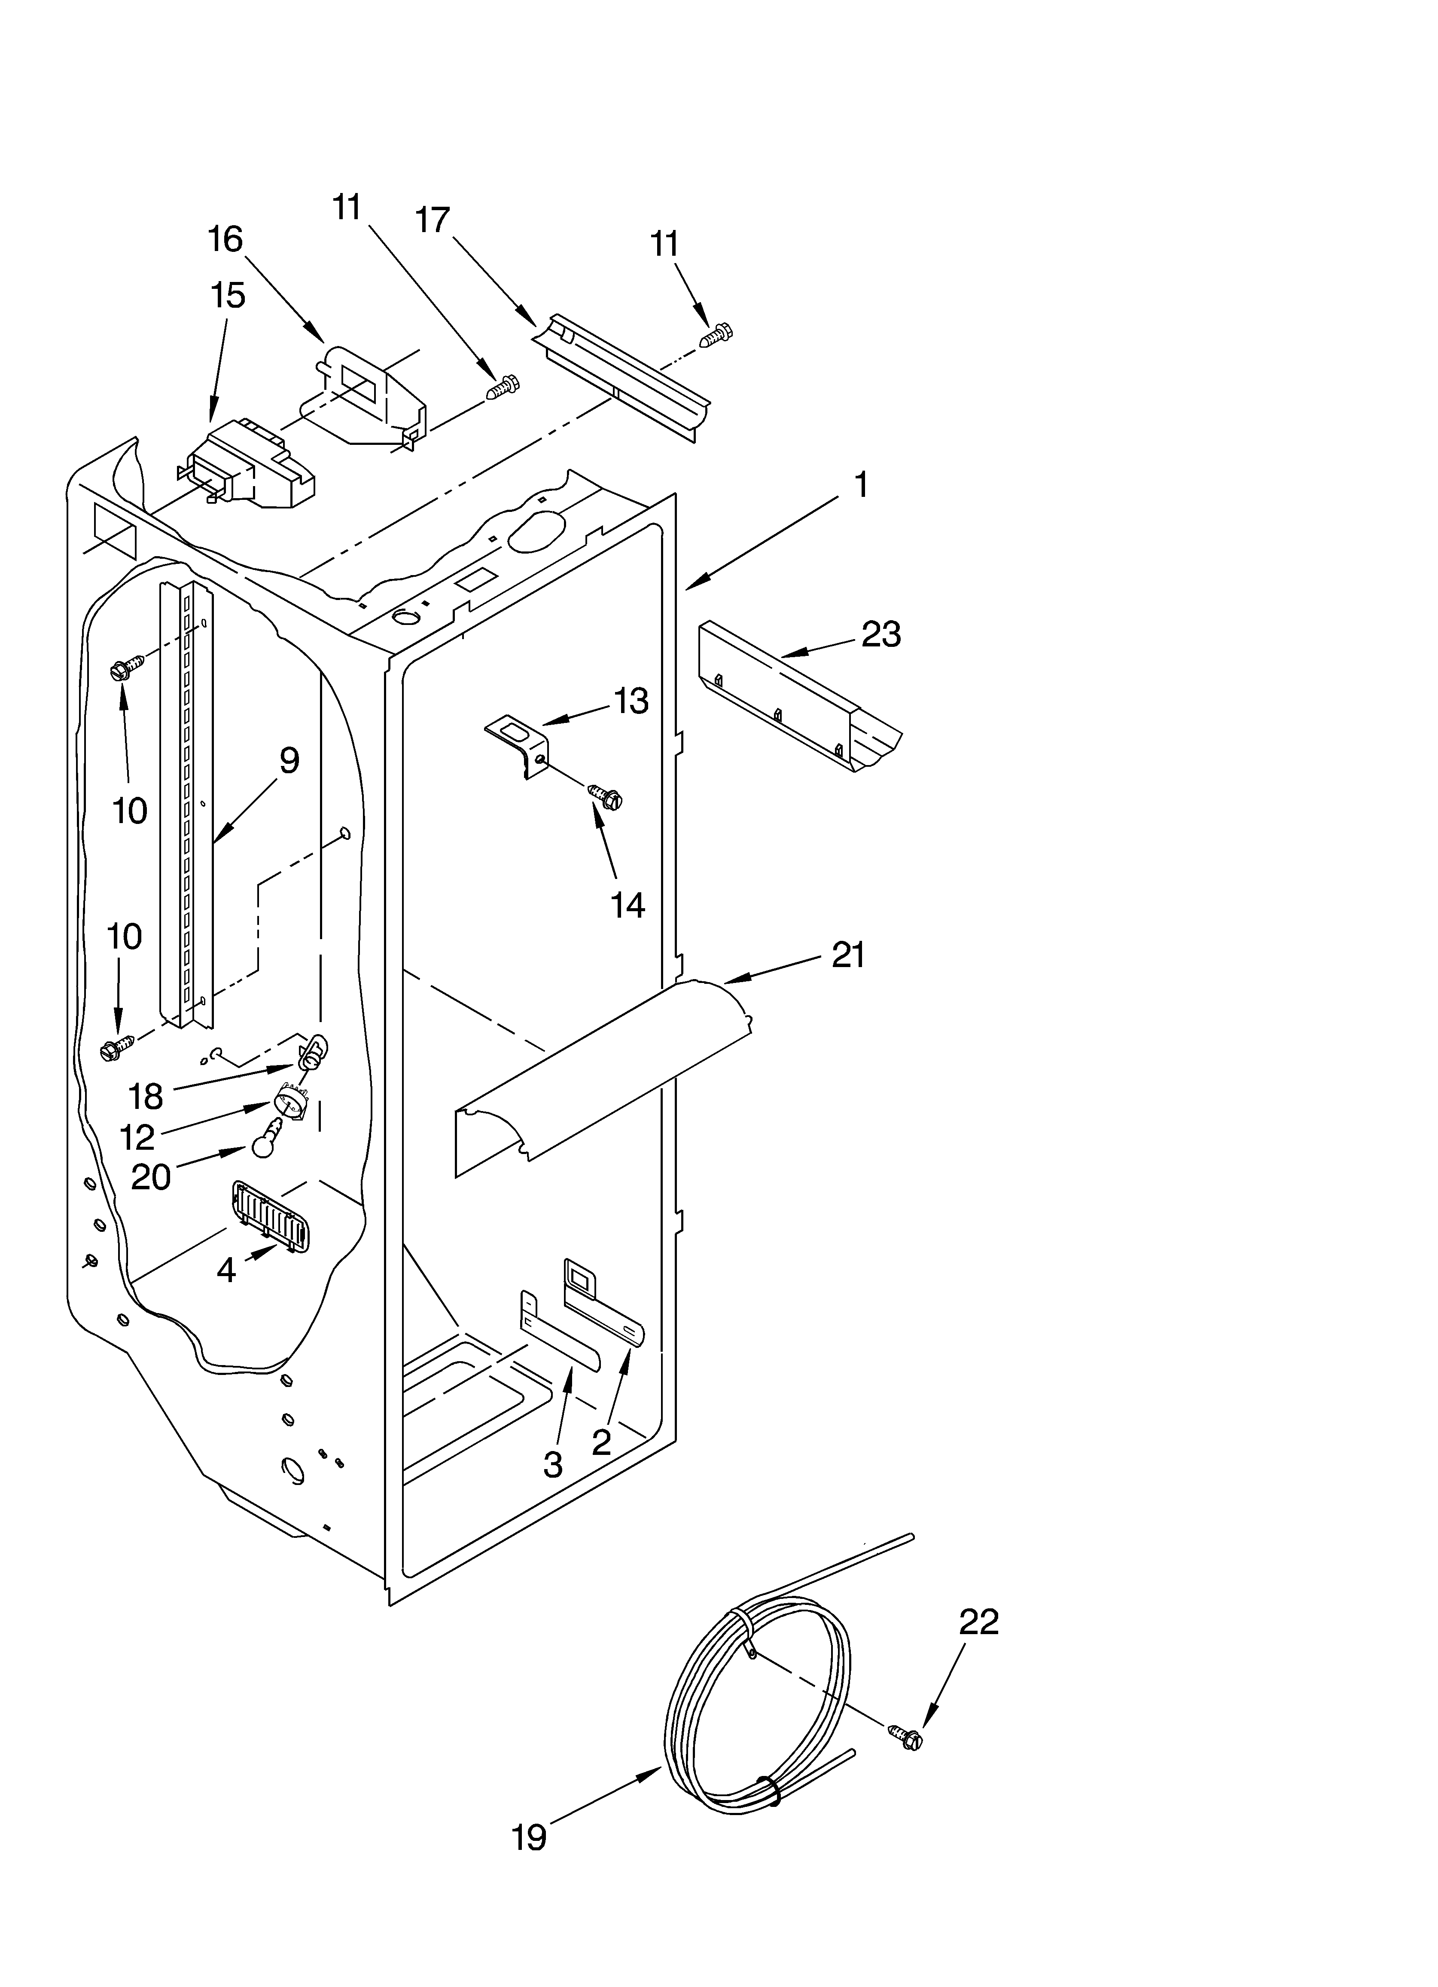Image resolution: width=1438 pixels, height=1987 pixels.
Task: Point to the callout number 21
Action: [848, 955]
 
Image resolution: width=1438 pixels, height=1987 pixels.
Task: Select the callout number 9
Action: [289, 760]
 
